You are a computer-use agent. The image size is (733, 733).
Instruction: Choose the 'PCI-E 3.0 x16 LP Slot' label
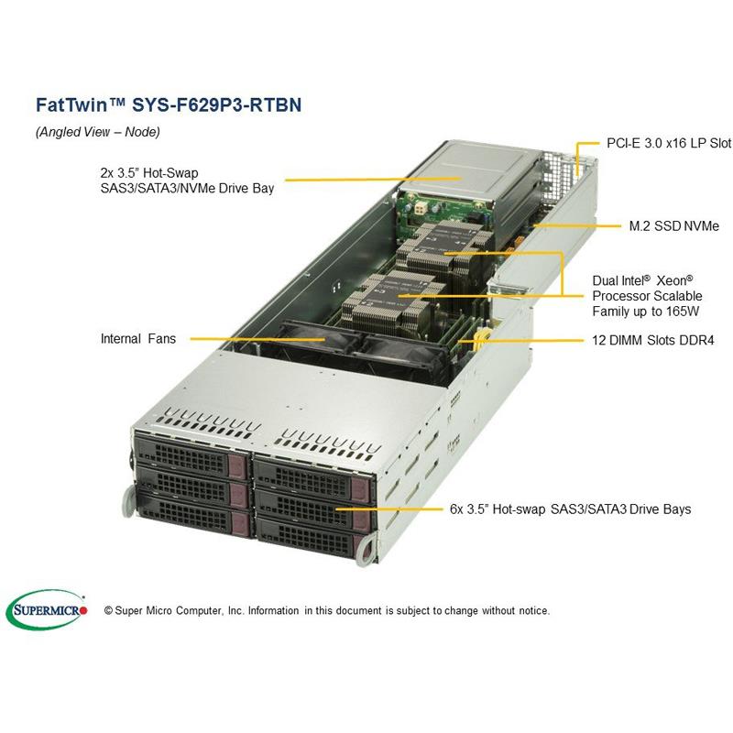pos(657,144)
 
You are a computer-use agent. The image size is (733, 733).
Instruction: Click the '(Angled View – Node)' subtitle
pos(98,132)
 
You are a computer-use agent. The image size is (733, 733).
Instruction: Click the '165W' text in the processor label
pos(682,312)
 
